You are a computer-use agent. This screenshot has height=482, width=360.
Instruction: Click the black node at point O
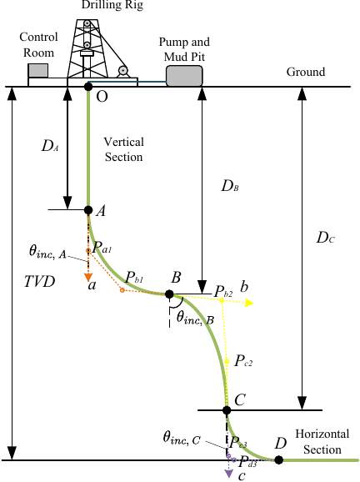[x=88, y=87]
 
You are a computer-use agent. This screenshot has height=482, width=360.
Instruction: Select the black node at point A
[x=88, y=210]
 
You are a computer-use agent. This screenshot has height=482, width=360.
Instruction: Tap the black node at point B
[x=169, y=294]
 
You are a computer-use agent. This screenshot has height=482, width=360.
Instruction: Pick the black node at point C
[x=227, y=410]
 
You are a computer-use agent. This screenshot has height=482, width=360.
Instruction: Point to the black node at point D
[x=279, y=459]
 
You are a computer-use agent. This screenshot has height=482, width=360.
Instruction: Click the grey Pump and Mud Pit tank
[x=184, y=76]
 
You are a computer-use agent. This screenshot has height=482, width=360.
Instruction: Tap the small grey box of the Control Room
[x=38, y=70]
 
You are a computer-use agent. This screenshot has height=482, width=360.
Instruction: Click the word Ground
[x=306, y=72]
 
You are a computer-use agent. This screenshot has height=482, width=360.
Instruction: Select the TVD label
[x=40, y=281]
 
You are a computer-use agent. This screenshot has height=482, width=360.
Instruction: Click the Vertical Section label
[x=124, y=149]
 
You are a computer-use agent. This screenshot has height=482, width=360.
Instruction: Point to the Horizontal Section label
[x=322, y=442]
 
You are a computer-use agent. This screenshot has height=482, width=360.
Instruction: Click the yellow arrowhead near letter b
[x=249, y=304]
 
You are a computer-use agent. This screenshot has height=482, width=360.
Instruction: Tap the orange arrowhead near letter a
[x=88, y=277]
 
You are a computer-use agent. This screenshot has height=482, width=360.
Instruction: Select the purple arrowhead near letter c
[x=229, y=473]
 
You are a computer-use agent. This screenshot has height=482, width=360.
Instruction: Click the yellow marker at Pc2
[x=227, y=362]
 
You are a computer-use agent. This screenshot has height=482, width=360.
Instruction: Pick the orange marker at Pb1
[x=122, y=290]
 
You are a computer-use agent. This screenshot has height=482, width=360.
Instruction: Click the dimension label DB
[x=230, y=186]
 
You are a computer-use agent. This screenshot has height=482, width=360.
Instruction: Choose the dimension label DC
[x=326, y=238]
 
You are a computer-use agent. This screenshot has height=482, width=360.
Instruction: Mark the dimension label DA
[x=50, y=146]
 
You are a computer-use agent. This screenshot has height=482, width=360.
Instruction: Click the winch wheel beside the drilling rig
[x=122, y=71]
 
